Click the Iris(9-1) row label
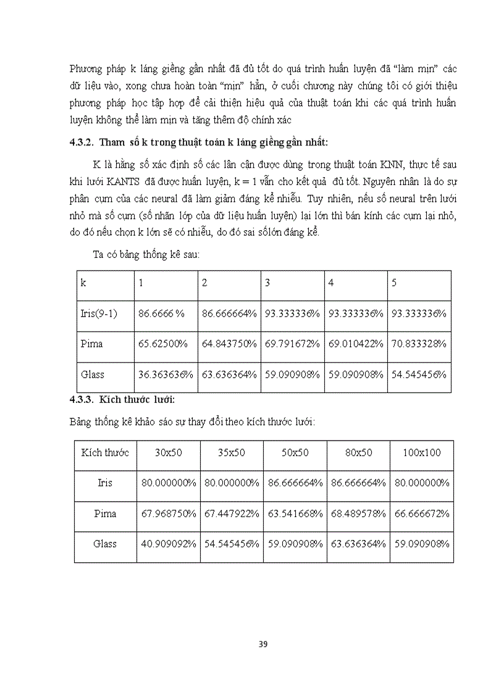point(99,313)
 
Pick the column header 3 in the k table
point(267,283)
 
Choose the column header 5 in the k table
point(395,283)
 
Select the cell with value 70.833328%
point(418,344)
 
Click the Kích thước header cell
point(105,452)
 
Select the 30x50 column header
point(168,452)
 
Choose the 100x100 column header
point(422,452)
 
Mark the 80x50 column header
point(358,452)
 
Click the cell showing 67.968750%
point(168,513)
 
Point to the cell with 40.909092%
point(168,544)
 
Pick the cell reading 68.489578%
point(358,513)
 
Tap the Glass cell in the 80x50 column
point(358,544)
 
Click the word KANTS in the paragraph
point(124,183)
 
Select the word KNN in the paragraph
point(398,167)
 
